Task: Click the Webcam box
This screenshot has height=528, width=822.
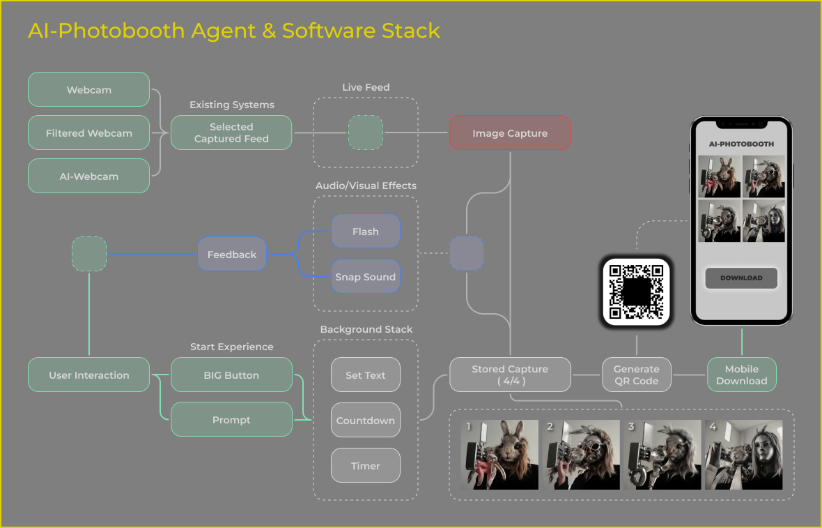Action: [x=88, y=90]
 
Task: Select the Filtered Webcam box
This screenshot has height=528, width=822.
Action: [x=88, y=133]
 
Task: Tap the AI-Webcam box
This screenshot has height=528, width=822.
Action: [x=88, y=176]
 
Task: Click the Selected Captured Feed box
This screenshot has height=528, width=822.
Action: [x=231, y=133]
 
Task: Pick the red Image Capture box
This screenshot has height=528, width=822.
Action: [x=510, y=133]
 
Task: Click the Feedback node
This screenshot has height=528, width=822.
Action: [x=232, y=255]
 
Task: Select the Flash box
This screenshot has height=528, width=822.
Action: [x=365, y=232]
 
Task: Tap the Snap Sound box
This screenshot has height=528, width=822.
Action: [x=365, y=277]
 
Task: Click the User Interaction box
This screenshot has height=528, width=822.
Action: [x=88, y=375]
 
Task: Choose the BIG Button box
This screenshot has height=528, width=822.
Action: [x=231, y=375]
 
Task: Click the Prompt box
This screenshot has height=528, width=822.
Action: [x=231, y=420]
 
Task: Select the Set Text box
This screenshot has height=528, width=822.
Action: [x=365, y=375]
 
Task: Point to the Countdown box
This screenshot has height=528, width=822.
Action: [x=365, y=421]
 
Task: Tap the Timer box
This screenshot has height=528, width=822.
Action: [x=365, y=466]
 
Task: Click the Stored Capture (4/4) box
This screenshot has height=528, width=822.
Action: [x=510, y=375]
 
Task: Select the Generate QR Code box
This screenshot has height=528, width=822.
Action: [x=636, y=375]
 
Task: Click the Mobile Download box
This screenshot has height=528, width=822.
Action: [x=741, y=375]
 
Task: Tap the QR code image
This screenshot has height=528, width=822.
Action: [x=636, y=292]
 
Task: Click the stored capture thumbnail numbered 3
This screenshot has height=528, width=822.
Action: [x=662, y=454]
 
